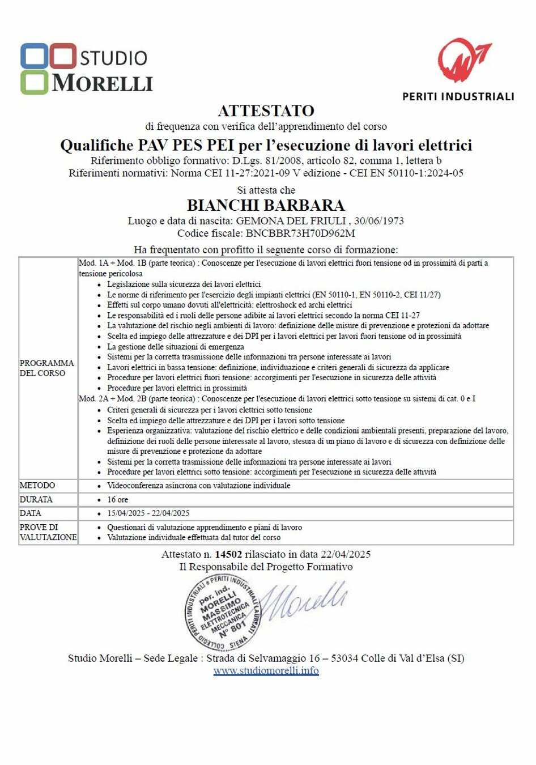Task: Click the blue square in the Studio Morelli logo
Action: click(x=35, y=56)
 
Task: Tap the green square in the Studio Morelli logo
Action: click(x=35, y=82)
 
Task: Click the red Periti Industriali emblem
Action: click(x=463, y=60)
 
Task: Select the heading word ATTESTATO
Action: click(x=266, y=110)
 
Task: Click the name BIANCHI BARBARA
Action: click(x=266, y=205)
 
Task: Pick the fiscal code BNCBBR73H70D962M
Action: click(x=300, y=233)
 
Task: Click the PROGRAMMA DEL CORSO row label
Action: click(x=47, y=368)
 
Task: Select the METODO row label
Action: click(x=37, y=486)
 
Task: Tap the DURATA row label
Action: click(x=36, y=499)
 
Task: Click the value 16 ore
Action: click(x=118, y=499)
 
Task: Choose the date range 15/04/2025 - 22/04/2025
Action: click(x=148, y=513)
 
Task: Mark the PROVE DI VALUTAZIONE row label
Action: click(x=48, y=532)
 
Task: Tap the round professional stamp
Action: click(x=221, y=613)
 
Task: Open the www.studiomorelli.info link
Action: click(x=266, y=671)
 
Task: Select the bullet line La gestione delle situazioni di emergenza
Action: click(x=176, y=347)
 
